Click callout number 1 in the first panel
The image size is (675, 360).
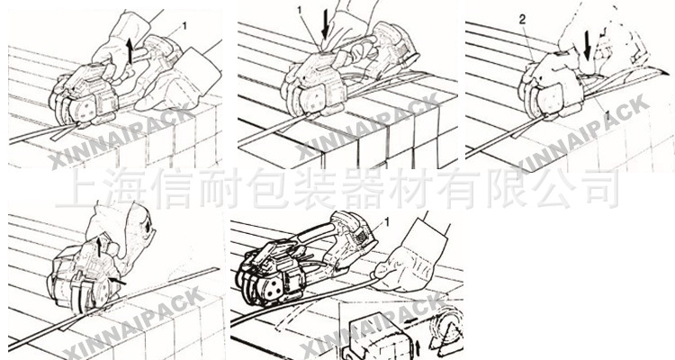coord(185,26)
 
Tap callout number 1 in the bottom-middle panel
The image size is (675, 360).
coord(387,220)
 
